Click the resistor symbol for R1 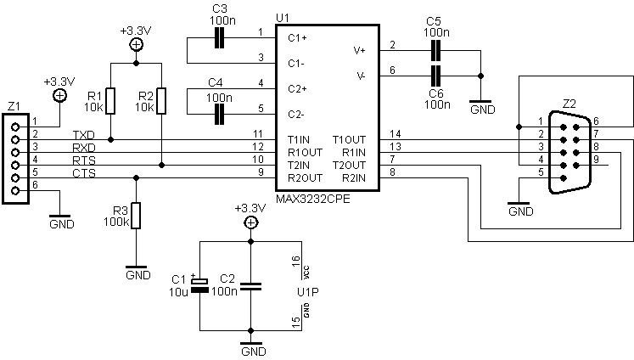[111, 101]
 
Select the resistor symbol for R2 [160, 101]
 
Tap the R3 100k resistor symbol [135, 217]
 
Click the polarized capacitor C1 [199, 287]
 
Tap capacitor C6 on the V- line [435, 76]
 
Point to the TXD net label [84, 135]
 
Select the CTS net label [83, 172]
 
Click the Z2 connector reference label [569, 104]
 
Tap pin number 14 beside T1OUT [395, 134]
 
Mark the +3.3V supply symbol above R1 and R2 [135, 45]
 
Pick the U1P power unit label [306, 292]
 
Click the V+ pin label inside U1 [359, 50]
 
